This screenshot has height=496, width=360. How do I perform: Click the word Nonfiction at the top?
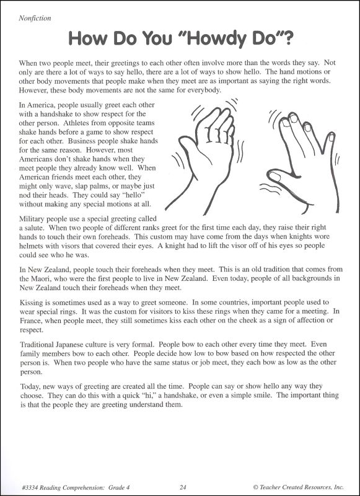point(35,19)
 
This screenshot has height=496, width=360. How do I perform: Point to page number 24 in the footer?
point(183,485)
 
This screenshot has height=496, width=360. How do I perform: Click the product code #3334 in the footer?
point(29,485)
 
